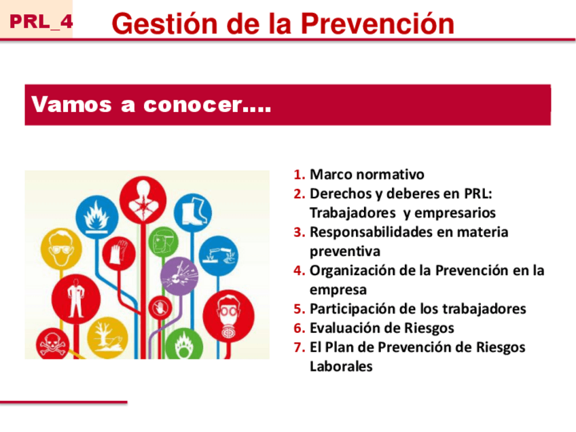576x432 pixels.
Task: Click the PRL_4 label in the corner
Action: [x=41, y=22]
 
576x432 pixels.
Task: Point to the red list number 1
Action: [x=300, y=175]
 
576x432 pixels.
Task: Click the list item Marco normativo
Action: [x=367, y=174]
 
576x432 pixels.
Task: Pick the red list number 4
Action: [x=300, y=271]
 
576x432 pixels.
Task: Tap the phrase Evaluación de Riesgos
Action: [x=382, y=327]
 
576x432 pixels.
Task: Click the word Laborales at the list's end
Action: [x=341, y=366]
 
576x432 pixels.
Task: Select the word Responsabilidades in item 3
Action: [x=372, y=232]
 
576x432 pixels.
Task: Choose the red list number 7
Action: [x=300, y=347]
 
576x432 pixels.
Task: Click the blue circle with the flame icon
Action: [x=97, y=217]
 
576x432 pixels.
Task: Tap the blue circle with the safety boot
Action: [x=193, y=213]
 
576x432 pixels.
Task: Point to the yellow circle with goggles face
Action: [x=61, y=249]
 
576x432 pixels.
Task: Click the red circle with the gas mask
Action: [x=228, y=317]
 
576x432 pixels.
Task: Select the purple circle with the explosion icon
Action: [x=179, y=276]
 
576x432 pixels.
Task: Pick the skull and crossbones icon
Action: [x=52, y=344]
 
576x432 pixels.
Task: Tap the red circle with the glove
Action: [x=119, y=253]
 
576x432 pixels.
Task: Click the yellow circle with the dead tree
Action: [x=107, y=337]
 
